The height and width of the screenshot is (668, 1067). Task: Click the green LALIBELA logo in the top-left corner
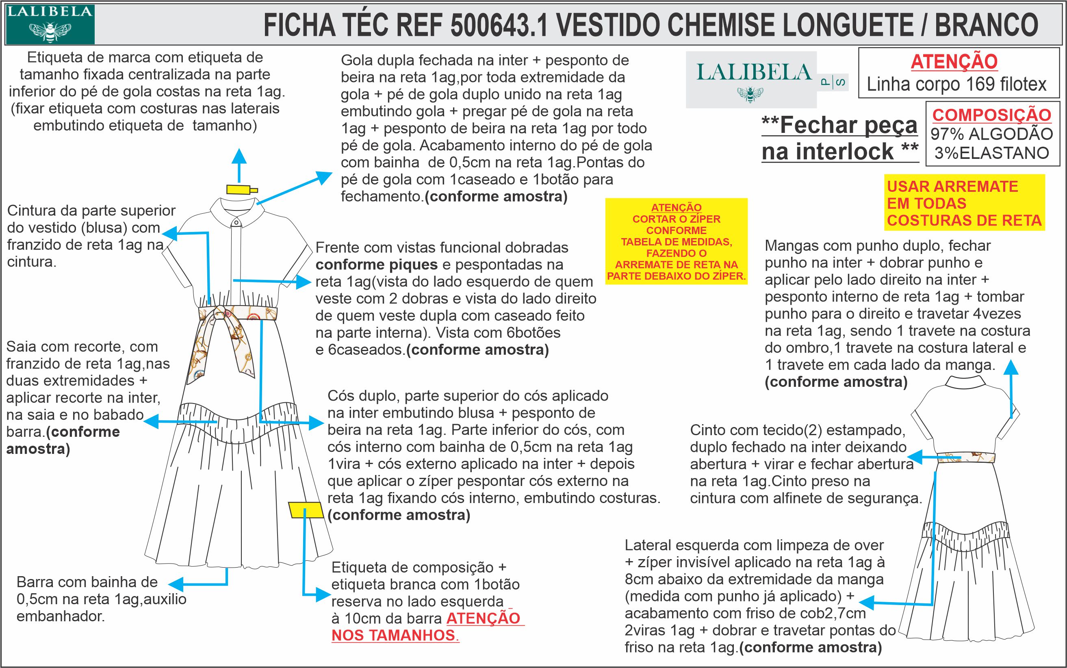tap(50, 24)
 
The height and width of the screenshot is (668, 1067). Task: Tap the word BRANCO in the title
tap(986, 25)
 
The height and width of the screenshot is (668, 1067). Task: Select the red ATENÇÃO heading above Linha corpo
tap(954, 61)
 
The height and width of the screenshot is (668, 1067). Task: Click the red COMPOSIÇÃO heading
tap(991, 115)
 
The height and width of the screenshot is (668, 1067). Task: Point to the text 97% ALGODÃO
tap(991, 134)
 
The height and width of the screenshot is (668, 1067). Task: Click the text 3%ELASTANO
tap(991, 153)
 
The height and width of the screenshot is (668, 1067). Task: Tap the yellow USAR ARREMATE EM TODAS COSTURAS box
tap(964, 203)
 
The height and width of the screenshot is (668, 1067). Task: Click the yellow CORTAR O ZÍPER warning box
tap(676, 241)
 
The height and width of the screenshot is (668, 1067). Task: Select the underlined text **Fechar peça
tap(839, 126)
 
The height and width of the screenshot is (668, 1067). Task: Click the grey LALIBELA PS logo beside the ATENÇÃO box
tap(751, 80)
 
